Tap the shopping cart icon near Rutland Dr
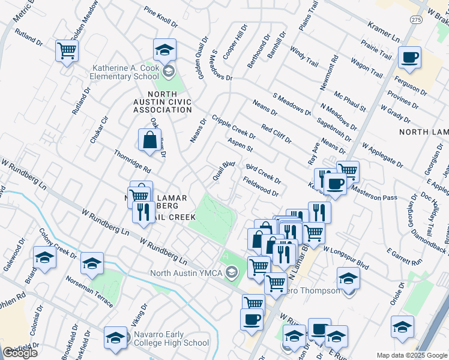[67, 50]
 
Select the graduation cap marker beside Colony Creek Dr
[44, 258]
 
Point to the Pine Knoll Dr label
[161, 18]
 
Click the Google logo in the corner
[20, 353]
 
